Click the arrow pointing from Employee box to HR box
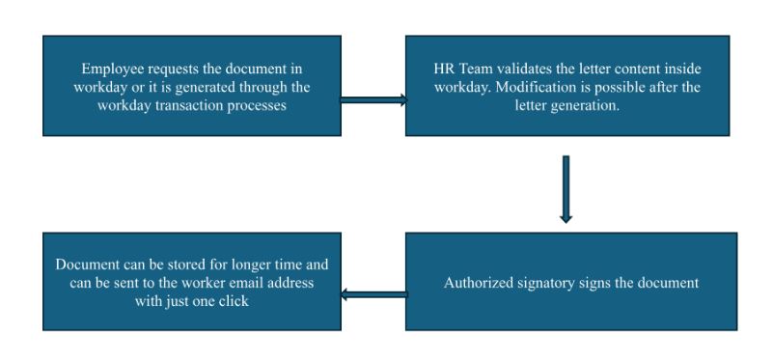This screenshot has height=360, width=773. click(373, 97)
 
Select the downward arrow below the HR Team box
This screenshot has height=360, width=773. click(566, 188)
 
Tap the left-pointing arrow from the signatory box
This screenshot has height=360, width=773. click(373, 294)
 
